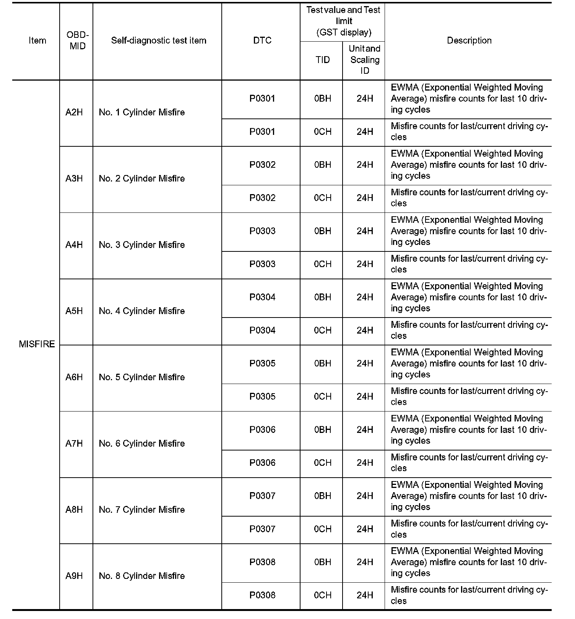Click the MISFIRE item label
click(x=37, y=344)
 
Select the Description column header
click(x=469, y=41)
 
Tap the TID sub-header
click(x=322, y=60)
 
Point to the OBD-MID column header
click(x=77, y=41)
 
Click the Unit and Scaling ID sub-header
click(x=364, y=60)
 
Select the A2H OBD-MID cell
click(x=74, y=112)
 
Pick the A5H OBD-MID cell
click(x=74, y=311)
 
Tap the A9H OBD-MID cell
click(x=74, y=576)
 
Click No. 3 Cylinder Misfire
click(x=141, y=245)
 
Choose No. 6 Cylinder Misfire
click(x=141, y=444)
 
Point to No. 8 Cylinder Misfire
click(x=141, y=576)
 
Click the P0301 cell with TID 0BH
click(x=262, y=99)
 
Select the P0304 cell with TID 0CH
click(x=262, y=331)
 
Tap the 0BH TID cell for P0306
click(x=322, y=430)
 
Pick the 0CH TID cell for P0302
click(x=322, y=198)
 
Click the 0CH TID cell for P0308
click(x=322, y=595)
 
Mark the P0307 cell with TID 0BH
click(x=262, y=496)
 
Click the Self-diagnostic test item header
click(x=159, y=41)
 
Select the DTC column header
click(x=262, y=41)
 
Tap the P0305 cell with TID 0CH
click(x=262, y=397)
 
